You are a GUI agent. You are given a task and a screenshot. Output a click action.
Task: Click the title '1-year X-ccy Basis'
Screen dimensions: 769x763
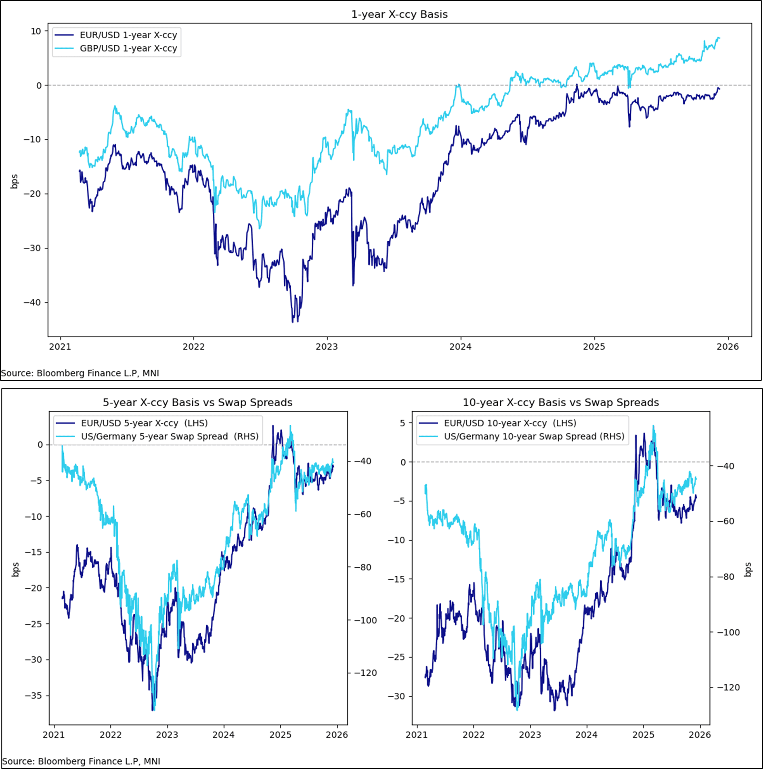[x=399, y=15]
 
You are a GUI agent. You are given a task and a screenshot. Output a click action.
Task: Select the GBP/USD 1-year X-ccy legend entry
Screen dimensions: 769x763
[x=128, y=48]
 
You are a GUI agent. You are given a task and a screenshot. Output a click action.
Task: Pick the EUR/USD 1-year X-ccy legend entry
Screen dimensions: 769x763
[x=128, y=35]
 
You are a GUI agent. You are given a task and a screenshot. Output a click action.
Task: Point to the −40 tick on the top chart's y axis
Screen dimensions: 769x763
[x=32, y=303]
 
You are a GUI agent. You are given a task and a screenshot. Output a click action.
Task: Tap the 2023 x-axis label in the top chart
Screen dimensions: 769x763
[x=327, y=347]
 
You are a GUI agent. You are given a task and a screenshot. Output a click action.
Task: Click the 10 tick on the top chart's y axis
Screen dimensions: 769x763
[x=36, y=31]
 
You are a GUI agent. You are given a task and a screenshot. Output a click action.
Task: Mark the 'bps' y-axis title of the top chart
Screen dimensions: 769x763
[x=15, y=181]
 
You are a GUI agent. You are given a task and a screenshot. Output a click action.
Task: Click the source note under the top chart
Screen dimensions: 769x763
[x=80, y=373]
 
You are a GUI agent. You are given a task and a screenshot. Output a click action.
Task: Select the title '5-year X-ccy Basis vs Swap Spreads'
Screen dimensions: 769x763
[x=197, y=402]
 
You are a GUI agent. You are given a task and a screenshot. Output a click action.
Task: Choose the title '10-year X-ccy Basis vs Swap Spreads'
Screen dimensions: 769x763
[x=560, y=402]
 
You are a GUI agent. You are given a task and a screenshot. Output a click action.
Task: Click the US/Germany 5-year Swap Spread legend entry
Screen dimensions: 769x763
[x=170, y=437]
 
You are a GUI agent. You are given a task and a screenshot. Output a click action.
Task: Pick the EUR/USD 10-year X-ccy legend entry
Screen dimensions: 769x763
[x=510, y=423]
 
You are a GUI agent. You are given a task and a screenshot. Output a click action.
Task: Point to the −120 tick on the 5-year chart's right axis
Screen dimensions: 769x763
[x=365, y=673]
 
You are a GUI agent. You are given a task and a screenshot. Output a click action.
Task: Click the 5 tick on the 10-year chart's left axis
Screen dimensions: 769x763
[x=402, y=423]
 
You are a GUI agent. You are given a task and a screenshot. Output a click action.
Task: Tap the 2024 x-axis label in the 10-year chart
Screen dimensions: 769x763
[x=586, y=735]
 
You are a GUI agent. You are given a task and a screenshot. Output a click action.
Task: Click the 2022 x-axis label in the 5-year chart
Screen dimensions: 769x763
[x=111, y=735]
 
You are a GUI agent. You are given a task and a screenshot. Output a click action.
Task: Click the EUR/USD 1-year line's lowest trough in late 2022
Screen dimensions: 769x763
[x=293, y=322]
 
